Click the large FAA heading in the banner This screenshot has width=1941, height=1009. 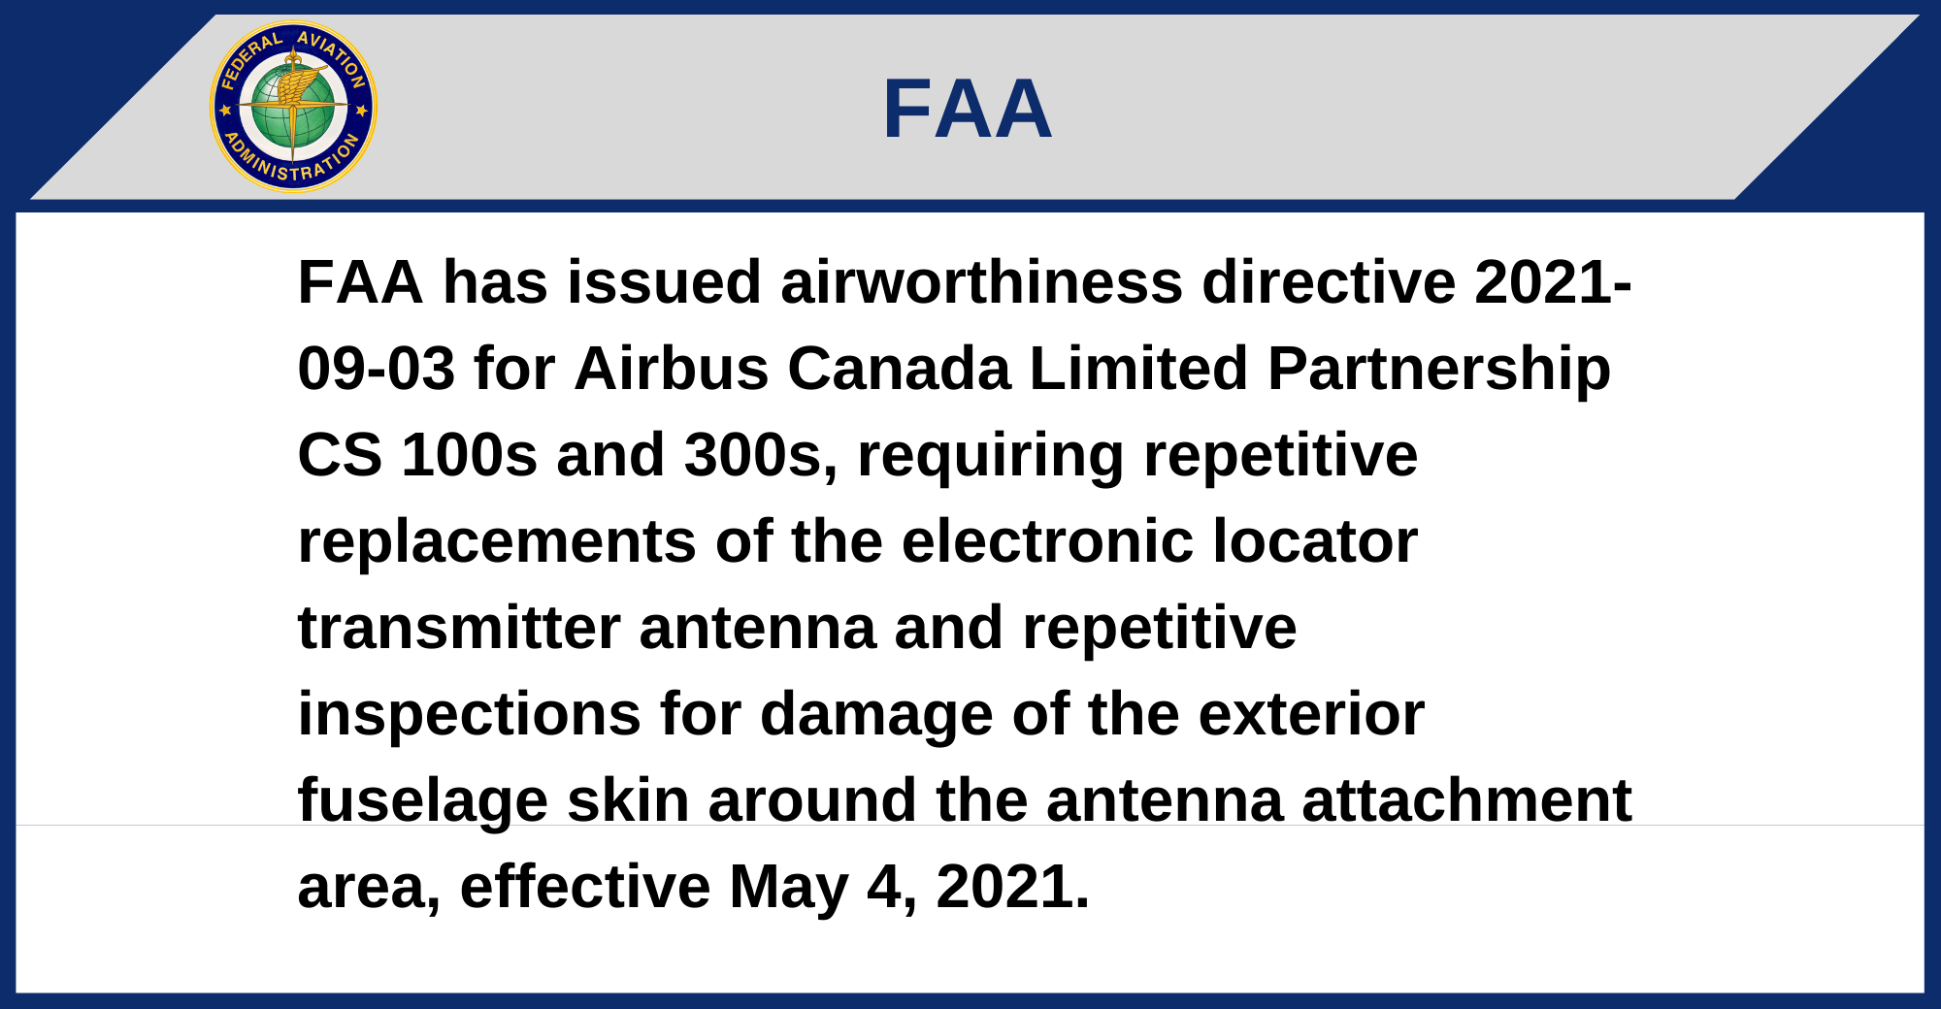tap(968, 109)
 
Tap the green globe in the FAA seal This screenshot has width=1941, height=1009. tap(293, 107)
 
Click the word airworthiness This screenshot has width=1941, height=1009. tap(981, 282)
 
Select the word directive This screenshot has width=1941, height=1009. tap(1329, 282)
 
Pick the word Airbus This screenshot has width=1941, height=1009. tap(672, 369)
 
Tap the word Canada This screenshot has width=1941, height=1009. tap(899, 369)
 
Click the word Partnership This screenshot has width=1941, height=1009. tap(1439, 371)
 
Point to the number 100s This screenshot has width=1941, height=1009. tap(470, 455)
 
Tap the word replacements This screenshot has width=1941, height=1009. tap(497, 543)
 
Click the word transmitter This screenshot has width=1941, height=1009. tap(459, 628)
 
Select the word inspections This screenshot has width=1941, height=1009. tap(470, 716)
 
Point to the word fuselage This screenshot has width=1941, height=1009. tap(423, 802)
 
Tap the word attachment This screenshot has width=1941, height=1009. tap(1466, 800)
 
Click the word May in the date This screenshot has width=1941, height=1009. tap(789, 889)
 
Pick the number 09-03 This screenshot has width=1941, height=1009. tap(377, 369)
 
